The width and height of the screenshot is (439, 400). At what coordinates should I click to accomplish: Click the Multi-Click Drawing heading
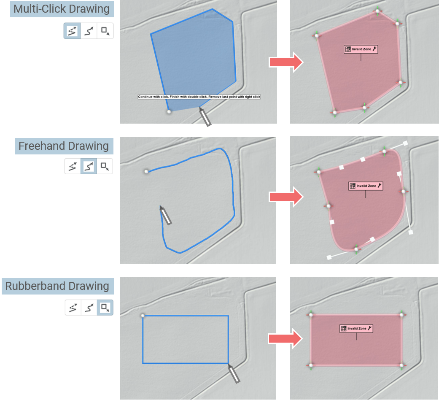pyautogui.click(x=62, y=9)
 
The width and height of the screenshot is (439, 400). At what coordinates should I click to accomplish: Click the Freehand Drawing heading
pyautogui.click(x=64, y=146)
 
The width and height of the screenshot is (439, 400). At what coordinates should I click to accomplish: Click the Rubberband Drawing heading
pyautogui.click(x=57, y=286)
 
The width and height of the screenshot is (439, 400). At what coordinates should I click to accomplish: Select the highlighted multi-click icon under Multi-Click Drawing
pyautogui.click(x=73, y=31)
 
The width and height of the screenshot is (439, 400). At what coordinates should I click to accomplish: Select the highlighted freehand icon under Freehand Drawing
pyautogui.click(x=89, y=166)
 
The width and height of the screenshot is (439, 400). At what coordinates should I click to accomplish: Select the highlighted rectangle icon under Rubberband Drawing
pyautogui.click(x=105, y=307)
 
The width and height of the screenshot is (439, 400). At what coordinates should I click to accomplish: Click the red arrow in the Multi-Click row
pyautogui.click(x=286, y=62)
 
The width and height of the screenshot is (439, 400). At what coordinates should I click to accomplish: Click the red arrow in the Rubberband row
pyautogui.click(x=286, y=338)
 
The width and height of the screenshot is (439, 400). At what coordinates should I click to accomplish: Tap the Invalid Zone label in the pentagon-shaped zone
pyautogui.click(x=361, y=49)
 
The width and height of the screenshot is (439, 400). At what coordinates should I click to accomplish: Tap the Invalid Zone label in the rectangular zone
pyautogui.click(x=356, y=328)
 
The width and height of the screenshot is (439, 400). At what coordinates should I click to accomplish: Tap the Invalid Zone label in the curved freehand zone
pyautogui.click(x=365, y=186)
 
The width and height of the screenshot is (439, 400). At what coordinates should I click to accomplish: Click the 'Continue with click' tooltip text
pyautogui.click(x=199, y=97)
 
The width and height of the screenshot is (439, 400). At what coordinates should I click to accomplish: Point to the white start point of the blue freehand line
pyautogui.click(x=146, y=171)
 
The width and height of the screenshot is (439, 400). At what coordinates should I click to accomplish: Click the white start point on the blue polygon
pyautogui.click(x=169, y=111)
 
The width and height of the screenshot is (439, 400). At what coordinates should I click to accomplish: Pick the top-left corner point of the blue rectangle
pyautogui.click(x=143, y=315)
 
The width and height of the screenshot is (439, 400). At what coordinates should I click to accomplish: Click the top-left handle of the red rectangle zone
pyautogui.click(x=310, y=315)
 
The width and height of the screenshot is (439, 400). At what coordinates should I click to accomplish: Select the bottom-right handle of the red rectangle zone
pyautogui.click(x=401, y=365)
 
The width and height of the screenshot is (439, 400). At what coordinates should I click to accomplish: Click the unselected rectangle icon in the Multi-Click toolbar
pyautogui.click(x=105, y=31)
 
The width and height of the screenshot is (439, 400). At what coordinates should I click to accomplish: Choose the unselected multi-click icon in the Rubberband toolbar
pyautogui.click(x=73, y=307)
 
